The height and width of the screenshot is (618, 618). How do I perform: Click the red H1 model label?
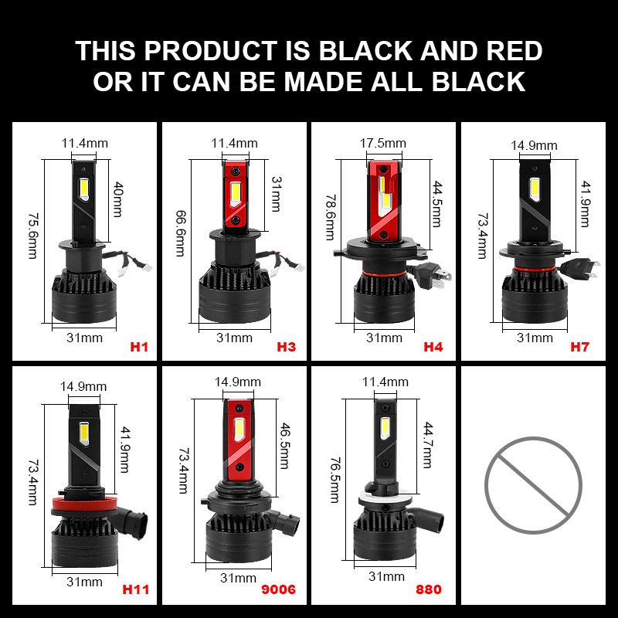point(139,347)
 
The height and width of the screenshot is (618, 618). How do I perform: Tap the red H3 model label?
point(286,347)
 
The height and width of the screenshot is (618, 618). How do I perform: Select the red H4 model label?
point(433,347)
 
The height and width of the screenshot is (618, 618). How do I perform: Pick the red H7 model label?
point(580,347)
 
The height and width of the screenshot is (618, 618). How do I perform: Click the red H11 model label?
point(136,589)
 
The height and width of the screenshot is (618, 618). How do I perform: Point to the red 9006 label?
point(278,589)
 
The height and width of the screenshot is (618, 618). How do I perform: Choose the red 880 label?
point(429,589)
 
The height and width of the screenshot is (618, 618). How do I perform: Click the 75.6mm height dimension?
point(33,236)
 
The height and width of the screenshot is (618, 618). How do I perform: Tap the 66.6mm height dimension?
point(181,233)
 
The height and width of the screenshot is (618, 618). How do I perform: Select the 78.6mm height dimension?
point(331,217)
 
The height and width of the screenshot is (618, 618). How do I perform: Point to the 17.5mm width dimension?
point(382,143)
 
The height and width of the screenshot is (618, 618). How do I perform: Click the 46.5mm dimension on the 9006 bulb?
point(284,446)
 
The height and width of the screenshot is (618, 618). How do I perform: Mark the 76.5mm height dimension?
point(334,480)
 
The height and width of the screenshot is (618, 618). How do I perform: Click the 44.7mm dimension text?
point(428,445)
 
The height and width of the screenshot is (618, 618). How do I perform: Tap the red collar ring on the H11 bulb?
point(85,504)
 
